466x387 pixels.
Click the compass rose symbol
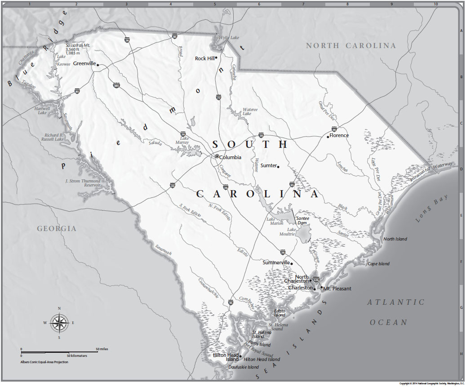coord(59,322)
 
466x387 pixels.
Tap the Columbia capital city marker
coord(217,156)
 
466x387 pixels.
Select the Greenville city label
coord(84,64)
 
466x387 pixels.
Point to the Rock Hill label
coord(204,58)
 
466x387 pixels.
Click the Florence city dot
coord(328,136)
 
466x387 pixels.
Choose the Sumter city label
coord(268,166)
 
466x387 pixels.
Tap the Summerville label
coord(276,262)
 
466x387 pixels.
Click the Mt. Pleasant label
coord(337,289)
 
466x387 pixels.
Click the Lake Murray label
coord(184,141)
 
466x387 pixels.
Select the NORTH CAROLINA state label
coord(351,46)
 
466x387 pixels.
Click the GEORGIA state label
coord(57,229)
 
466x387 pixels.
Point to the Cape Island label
coord(378,264)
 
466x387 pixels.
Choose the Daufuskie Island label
coord(244,367)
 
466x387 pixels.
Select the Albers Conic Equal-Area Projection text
coord(44,361)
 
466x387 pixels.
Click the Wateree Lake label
coord(250,111)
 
